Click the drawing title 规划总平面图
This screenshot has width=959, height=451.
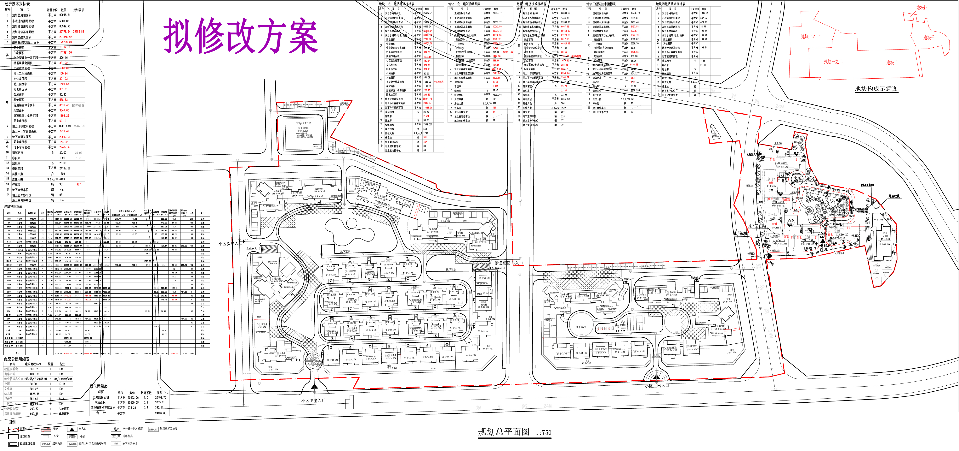pos(503,432)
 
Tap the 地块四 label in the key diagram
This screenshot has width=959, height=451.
pos(922,8)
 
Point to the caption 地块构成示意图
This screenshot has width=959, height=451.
pos(876,89)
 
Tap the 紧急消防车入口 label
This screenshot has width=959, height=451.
pos(509,263)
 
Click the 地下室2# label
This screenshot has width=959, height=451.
pos(451,270)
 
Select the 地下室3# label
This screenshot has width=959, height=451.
pos(580,327)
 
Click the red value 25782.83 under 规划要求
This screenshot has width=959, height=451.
pos(78,32)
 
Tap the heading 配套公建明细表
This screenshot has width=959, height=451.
pos(17,359)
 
